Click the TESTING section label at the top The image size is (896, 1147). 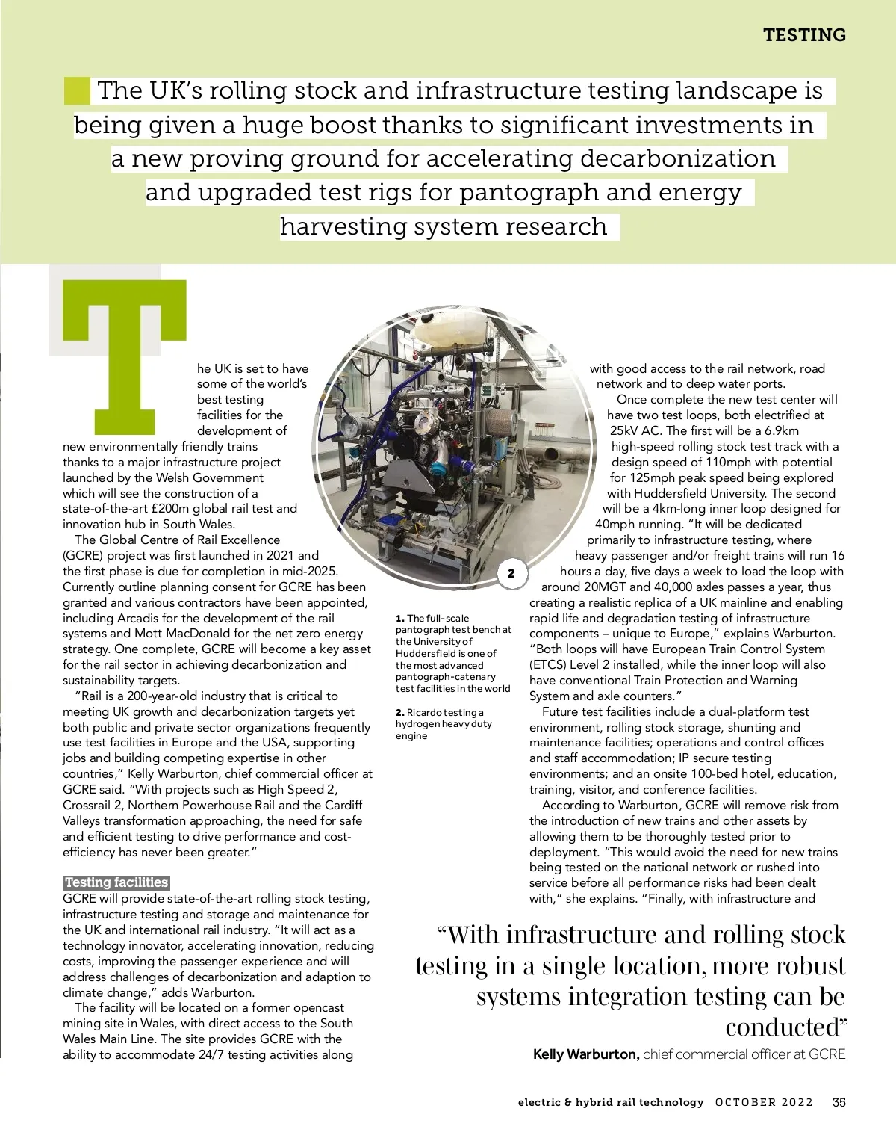(x=804, y=35)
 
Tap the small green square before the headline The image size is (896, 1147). (x=76, y=90)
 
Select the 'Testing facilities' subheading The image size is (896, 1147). (x=116, y=882)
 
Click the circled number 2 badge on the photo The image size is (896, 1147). (x=511, y=574)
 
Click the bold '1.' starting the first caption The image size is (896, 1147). (x=400, y=618)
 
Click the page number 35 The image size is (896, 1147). (x=839, y=1102)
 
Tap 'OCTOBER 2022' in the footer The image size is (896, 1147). (x=764, y=1102)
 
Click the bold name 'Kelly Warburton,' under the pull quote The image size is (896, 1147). (x=586, y=1054)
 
